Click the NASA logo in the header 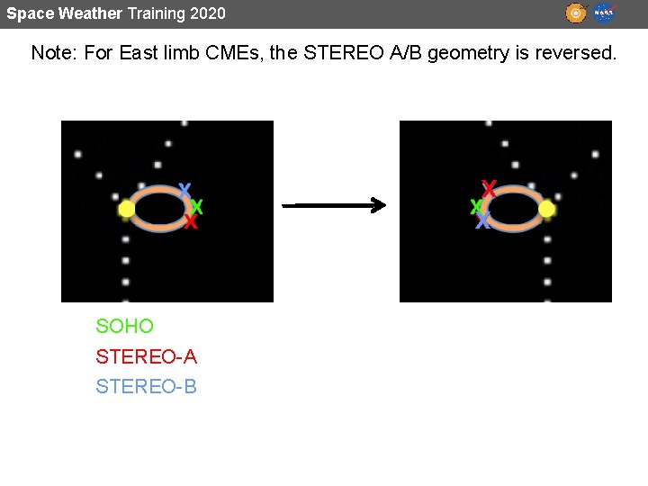[604, 13]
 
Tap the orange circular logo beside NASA [576, 13]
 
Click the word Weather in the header [90, 13]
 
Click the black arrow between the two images [334, 206]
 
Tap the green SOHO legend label [125, 327]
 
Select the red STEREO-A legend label [146, 357]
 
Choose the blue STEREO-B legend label [146, 387]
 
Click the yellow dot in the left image [126, 210]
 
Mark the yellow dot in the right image [546, 210]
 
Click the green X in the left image [197, 208]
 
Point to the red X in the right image [489, 188]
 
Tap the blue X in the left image [184, 191]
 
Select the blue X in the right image [483, 221]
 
